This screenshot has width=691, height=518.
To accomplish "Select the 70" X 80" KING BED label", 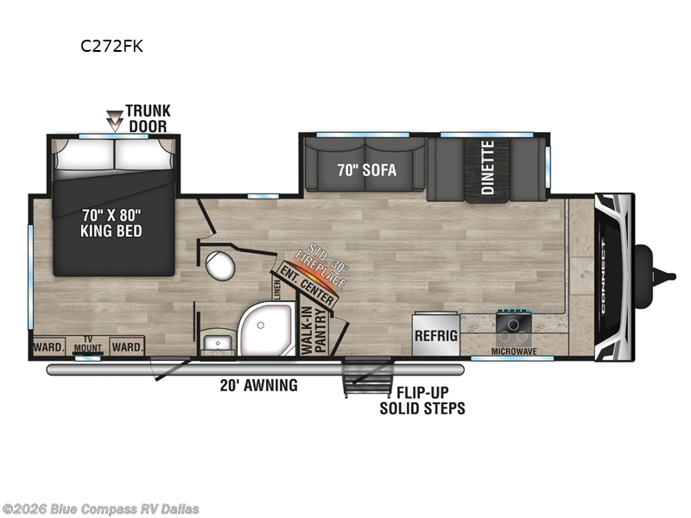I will point(111,223).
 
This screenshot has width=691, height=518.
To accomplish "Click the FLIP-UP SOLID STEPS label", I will point(422,400).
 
